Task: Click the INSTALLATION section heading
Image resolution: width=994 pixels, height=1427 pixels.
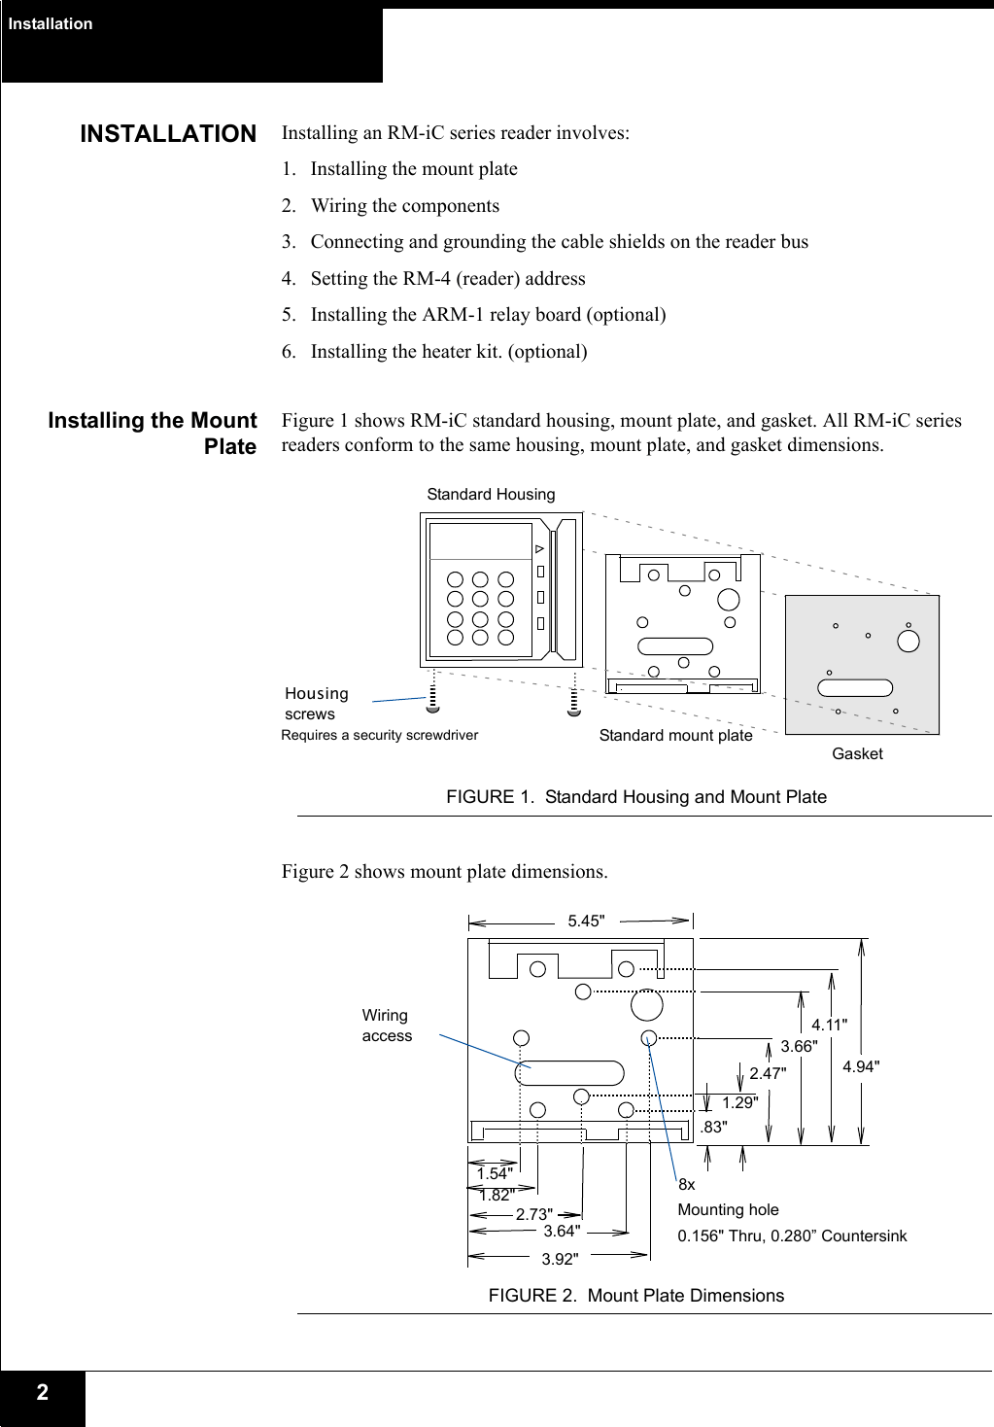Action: tap(168, 134)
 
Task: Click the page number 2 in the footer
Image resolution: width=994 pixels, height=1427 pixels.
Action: tap(42, 1393)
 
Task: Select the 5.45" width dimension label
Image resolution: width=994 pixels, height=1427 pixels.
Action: tap(586, 922)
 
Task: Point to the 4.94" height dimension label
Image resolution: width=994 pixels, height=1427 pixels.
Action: tap(861, 1067)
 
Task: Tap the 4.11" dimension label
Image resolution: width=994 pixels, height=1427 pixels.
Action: tap(829, 1025)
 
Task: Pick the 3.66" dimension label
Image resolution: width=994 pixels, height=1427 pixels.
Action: tap(799, 1047)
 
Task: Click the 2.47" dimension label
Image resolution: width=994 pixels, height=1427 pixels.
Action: tap(768, 1074)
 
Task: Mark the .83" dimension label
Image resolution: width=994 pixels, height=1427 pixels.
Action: tap(713, 1128)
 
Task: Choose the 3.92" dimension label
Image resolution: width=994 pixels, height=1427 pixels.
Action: tap(560, 1260)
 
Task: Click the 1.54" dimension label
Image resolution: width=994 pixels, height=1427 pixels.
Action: tap(495, 1174)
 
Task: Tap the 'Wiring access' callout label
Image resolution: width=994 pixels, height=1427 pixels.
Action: tap(387, 1026)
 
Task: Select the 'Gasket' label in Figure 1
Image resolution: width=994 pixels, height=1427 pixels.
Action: tap(857, 754)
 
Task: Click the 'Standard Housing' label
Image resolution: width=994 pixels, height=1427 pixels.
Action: tap(491, 495)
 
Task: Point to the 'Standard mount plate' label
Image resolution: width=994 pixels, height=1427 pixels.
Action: tap(675, 736)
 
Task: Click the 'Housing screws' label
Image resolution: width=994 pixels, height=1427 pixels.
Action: tap(316, 704)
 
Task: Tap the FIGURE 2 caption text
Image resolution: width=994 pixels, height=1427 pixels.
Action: tap(635, 1296)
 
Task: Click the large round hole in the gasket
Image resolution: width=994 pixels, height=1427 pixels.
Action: tap(908, 641)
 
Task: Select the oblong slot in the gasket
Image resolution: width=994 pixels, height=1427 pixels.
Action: tap(855, 688)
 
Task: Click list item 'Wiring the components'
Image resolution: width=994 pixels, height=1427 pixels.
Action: tap(404, 206)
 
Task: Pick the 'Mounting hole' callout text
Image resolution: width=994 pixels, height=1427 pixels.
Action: tap(728, 1210)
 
